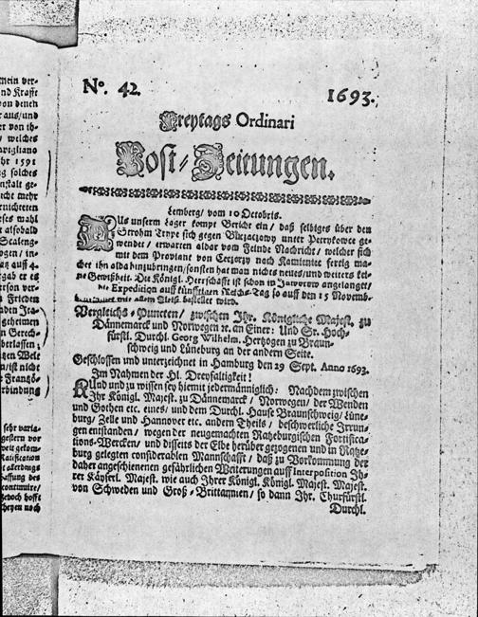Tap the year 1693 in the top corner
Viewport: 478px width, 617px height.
pyautogui.click(x=353, y=96)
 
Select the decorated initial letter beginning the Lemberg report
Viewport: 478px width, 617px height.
pyautogui.click(x=96, y=228)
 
